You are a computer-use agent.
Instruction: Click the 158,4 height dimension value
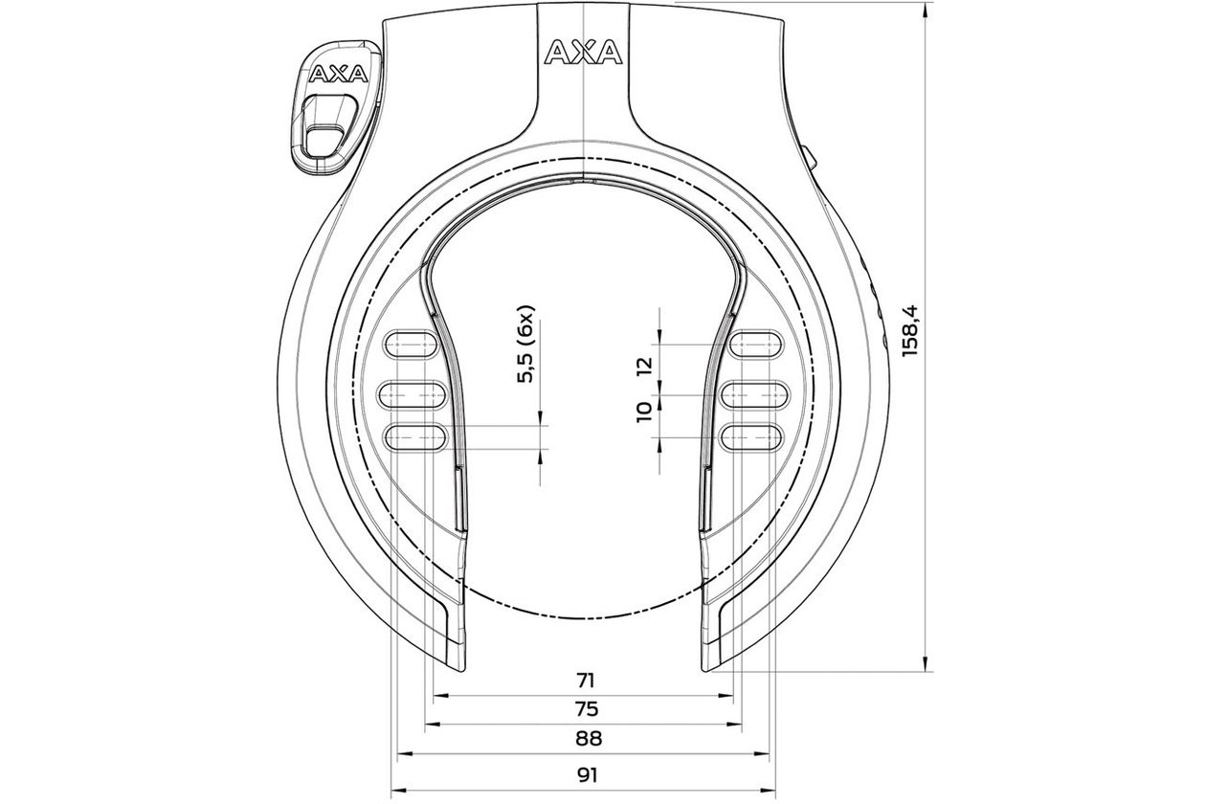911,330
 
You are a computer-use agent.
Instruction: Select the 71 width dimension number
585,681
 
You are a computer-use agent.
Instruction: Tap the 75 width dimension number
586,709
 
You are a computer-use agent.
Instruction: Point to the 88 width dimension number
588,738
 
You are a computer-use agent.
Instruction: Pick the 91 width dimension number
587,775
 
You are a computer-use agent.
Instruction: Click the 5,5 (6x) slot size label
525,344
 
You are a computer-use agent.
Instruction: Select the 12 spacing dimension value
644,366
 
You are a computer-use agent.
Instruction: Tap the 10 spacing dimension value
644,413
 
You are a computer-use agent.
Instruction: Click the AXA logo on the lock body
583,53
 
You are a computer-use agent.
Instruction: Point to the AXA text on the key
338,74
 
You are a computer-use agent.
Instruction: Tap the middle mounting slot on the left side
413,394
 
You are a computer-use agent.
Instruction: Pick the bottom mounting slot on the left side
415,436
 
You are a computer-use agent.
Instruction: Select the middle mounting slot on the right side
754,394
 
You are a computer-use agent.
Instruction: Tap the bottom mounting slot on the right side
751,436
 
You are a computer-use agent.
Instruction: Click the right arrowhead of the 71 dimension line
726,695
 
